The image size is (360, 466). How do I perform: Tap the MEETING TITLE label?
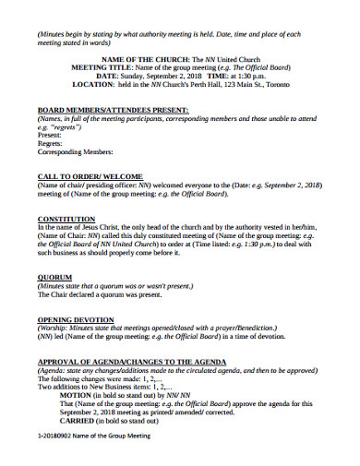point(100,68)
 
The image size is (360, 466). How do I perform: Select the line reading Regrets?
point(51,142)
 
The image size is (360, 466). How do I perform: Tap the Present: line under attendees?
point(50,134)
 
